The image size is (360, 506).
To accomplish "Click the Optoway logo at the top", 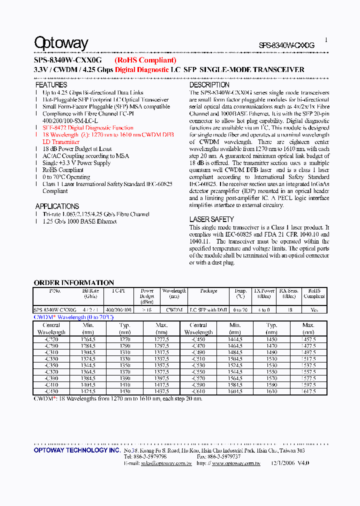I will point(61,43).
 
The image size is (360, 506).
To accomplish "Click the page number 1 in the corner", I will point(326,39).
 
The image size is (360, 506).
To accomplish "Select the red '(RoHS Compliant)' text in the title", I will point(145,60).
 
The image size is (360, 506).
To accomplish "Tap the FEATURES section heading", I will point(51,85).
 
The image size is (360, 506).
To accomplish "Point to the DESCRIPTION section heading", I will point(209,85).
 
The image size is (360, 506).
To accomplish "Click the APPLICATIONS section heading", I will point(57,206).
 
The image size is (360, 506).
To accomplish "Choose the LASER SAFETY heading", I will point(211,219).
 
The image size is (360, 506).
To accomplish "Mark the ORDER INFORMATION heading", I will point(74,282).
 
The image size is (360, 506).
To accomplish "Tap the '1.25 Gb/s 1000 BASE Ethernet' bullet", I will point(79,221).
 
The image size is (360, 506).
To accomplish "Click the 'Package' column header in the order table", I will point(208,291).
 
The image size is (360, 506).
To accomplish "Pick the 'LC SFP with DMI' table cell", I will point(208,310).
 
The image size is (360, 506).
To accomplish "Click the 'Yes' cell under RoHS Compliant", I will point(314,310).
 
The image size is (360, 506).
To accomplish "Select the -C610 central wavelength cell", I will point(198,391).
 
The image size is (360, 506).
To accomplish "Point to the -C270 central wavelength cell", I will point(51,339).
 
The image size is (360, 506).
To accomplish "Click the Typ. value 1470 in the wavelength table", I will point(271,345).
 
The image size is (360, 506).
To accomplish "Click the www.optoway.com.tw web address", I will point(235,463).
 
